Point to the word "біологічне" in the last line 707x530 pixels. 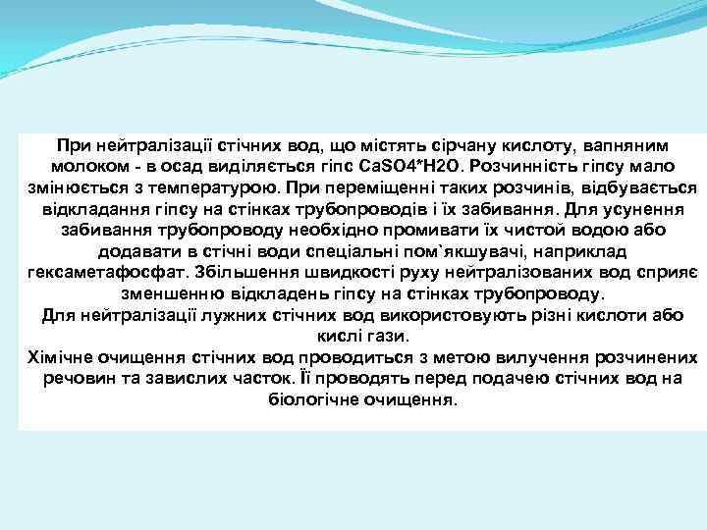pyautogui.click(x=314, y=401)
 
